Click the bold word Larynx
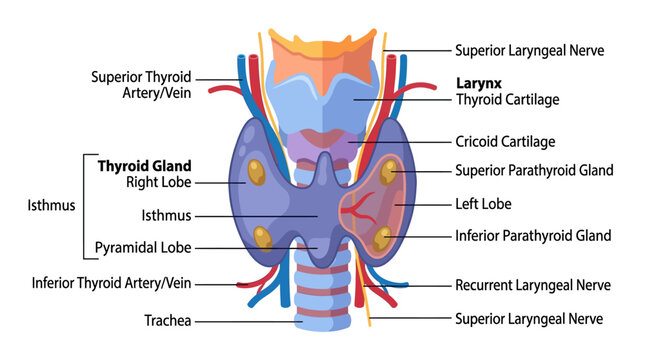click(x=479, y=84)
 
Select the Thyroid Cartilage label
click(x=508, y=100)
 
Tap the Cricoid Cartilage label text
click(x=505, y=142)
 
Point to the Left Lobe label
click(x=483, y=204)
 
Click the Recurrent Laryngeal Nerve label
click(x=533, y=285)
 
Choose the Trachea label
click(x=167, y=321)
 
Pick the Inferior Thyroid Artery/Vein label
click(x=111, y=283)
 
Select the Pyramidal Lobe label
click(x=143, y=248)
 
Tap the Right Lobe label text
click(x=158, y=182)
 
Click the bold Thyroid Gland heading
click(x=144, y=166)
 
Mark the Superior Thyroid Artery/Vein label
click(x=141, y=85)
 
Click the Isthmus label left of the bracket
click(x=51, y=205)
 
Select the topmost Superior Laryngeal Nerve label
click(x=529, y=51)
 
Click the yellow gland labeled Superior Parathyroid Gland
click(x=388, y=172)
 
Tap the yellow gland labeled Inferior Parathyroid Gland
click(x=382, y=239)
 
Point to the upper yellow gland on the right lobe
click(x=256, y=172)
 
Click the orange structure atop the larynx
click(x=323, y=62)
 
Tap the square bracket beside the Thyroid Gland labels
click(x=84, y=207)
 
